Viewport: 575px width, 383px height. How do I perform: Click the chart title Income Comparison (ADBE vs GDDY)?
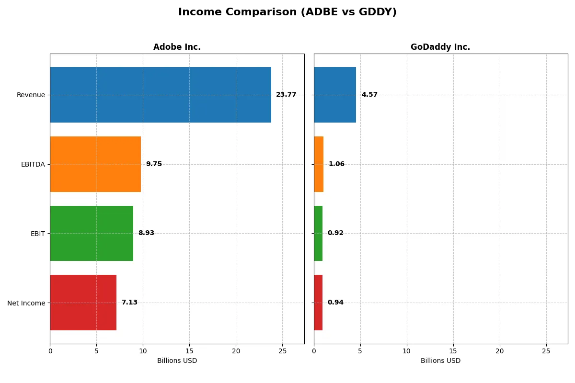point(287,12)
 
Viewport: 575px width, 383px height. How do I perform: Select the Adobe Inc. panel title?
point(177,47)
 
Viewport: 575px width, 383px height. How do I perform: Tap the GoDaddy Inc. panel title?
point(440,47)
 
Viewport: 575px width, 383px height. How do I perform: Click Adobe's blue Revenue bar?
point(161,95)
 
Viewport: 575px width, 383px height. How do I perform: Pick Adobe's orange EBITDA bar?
point(95,164)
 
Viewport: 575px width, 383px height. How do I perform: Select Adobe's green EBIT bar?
point(92,233)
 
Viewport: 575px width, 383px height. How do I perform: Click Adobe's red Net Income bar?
point(83,303)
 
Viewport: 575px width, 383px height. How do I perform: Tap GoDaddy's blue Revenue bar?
point(335,95)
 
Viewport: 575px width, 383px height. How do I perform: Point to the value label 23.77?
point(286,95)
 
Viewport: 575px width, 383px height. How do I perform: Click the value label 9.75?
point(154,164)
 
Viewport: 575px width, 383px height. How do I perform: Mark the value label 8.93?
point(146,233)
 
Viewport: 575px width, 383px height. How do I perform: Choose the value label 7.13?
point(129,303)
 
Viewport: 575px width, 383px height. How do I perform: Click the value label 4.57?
point(369,95)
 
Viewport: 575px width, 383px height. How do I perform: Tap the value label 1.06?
point(336,164)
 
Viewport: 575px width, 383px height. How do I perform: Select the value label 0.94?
point(335,303)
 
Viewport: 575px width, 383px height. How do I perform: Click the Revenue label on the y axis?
point(31,95)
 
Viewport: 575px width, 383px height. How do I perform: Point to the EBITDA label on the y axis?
point(33,164)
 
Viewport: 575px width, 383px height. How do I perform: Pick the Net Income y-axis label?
point(26,303)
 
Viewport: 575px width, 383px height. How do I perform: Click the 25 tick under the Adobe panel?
point(282,351)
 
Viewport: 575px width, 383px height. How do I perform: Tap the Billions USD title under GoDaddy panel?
point(440,360)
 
